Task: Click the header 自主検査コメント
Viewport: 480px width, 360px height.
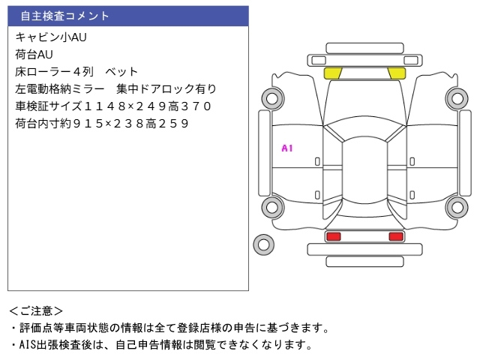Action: tap(64, 16)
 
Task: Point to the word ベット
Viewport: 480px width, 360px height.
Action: tap(122, 72)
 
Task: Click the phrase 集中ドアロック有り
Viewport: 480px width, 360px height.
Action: tap(173, 89)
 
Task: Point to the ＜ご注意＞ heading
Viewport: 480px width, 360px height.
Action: tap(36, 310)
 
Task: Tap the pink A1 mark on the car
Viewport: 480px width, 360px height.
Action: tap(286, 148)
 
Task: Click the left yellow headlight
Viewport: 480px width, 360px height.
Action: tap(332, 73)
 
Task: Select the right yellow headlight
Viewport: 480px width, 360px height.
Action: tap(396, 73)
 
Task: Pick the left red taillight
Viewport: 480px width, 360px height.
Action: tap(333, 236)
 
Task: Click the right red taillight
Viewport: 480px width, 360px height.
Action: tap(395, 236)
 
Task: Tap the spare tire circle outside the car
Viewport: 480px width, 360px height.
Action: tap(263, 243)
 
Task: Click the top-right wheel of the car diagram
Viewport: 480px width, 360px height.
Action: tap(457, 97)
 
